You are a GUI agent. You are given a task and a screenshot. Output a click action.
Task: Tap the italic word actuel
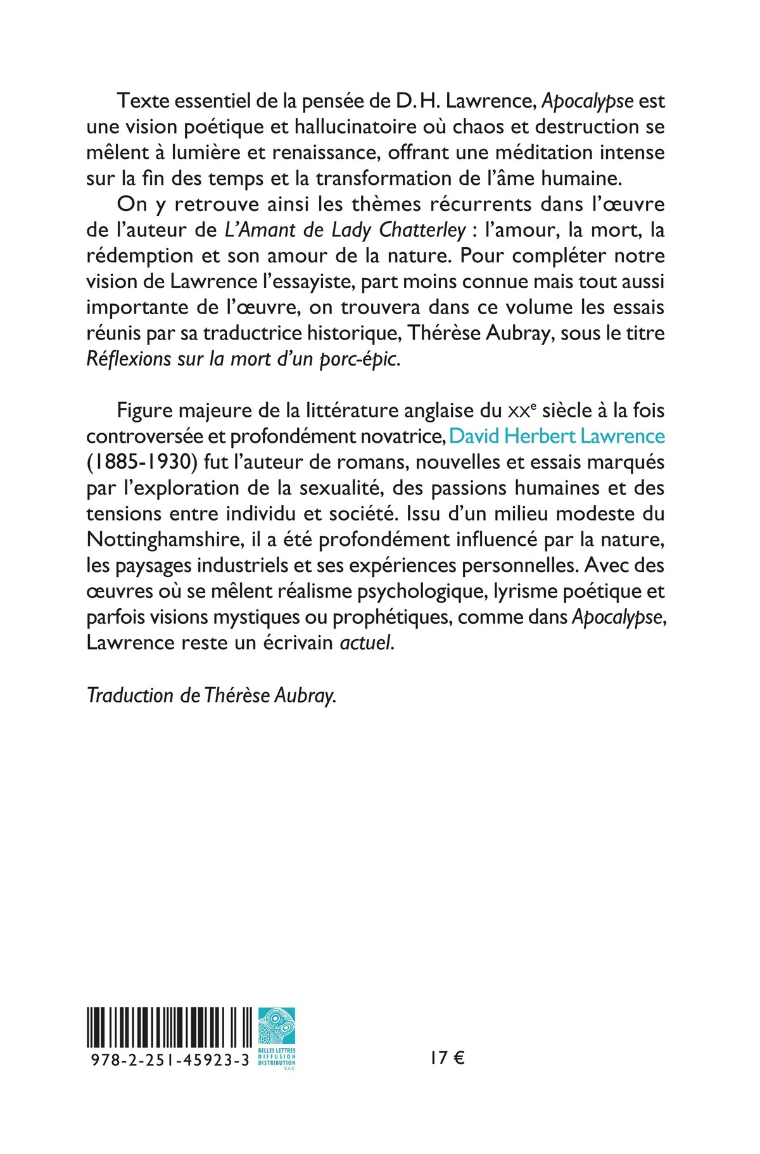[x=366, y=644]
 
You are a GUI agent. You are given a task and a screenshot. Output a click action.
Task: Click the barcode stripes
[x=171, y=1027]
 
